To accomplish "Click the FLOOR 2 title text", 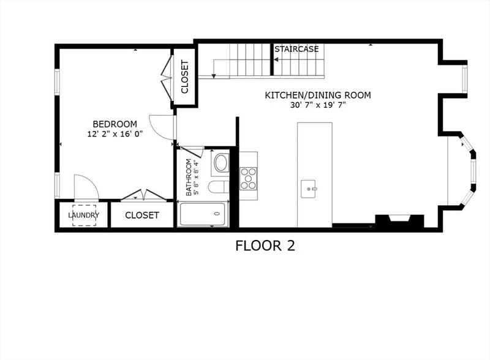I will click(x=265, y=246).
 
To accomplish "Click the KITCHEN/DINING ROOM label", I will click(x=317, y=96).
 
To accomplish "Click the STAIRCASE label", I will click(x=296, y=49).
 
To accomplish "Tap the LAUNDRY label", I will click(x=83, y=216).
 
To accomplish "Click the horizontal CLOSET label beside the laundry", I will click(x=142, y=216).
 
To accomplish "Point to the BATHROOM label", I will click(x=190, y=177).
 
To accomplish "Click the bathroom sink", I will click(x=221, y=163).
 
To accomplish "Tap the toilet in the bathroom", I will click(x=218, y=187).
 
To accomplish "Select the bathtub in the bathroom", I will click(x=203, y=215).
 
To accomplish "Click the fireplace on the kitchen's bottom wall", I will click(x=399, y=220).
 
